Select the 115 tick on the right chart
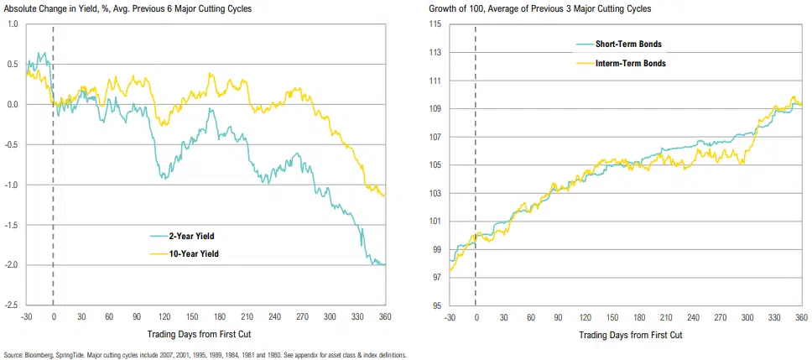(435, 24)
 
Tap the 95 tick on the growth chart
(436, 305)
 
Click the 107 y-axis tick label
(435, 137)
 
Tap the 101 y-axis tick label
(435, 222)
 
